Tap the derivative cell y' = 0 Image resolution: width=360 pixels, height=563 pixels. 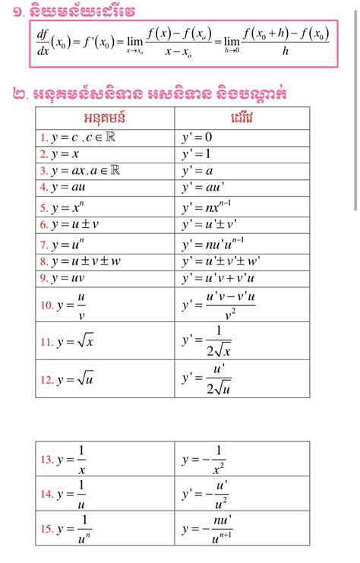click(x=197, y=137)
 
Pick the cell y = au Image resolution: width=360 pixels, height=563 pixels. click(x=73, y=186)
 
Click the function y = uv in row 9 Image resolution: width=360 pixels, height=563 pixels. click(x=73, y=278)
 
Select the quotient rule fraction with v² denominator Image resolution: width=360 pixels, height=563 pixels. click(x=229, y=304)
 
